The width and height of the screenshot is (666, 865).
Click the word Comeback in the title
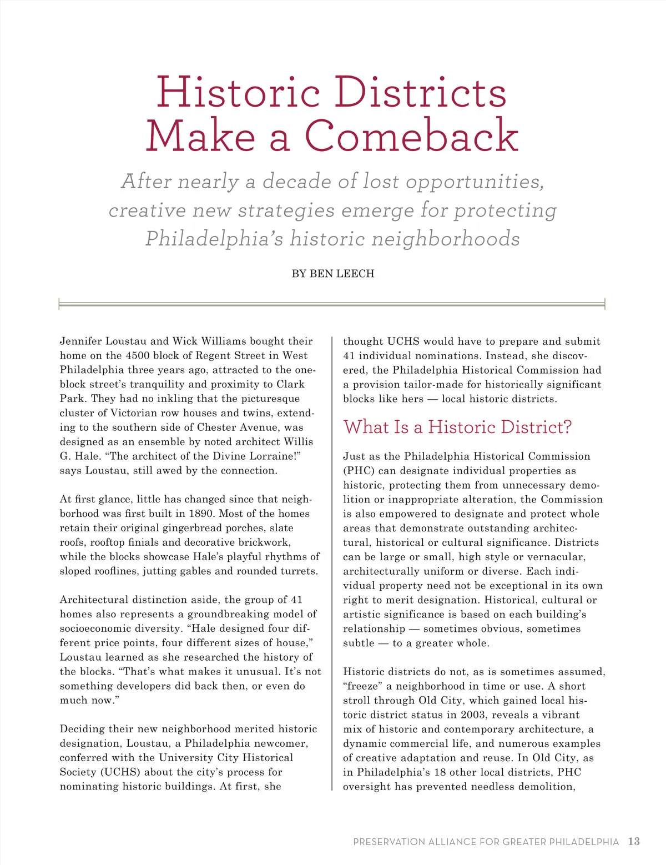[411, 135]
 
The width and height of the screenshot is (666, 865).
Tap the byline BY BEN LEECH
[333, 274]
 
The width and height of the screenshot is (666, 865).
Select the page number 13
[634, 842]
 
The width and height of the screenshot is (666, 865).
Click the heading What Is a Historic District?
[457, 427]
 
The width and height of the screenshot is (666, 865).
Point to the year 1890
[202, 514]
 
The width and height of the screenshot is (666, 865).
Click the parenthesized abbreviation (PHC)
[359, 470]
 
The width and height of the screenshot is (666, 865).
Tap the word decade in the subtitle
[299, 182]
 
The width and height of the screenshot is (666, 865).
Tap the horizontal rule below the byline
[331, 304]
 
